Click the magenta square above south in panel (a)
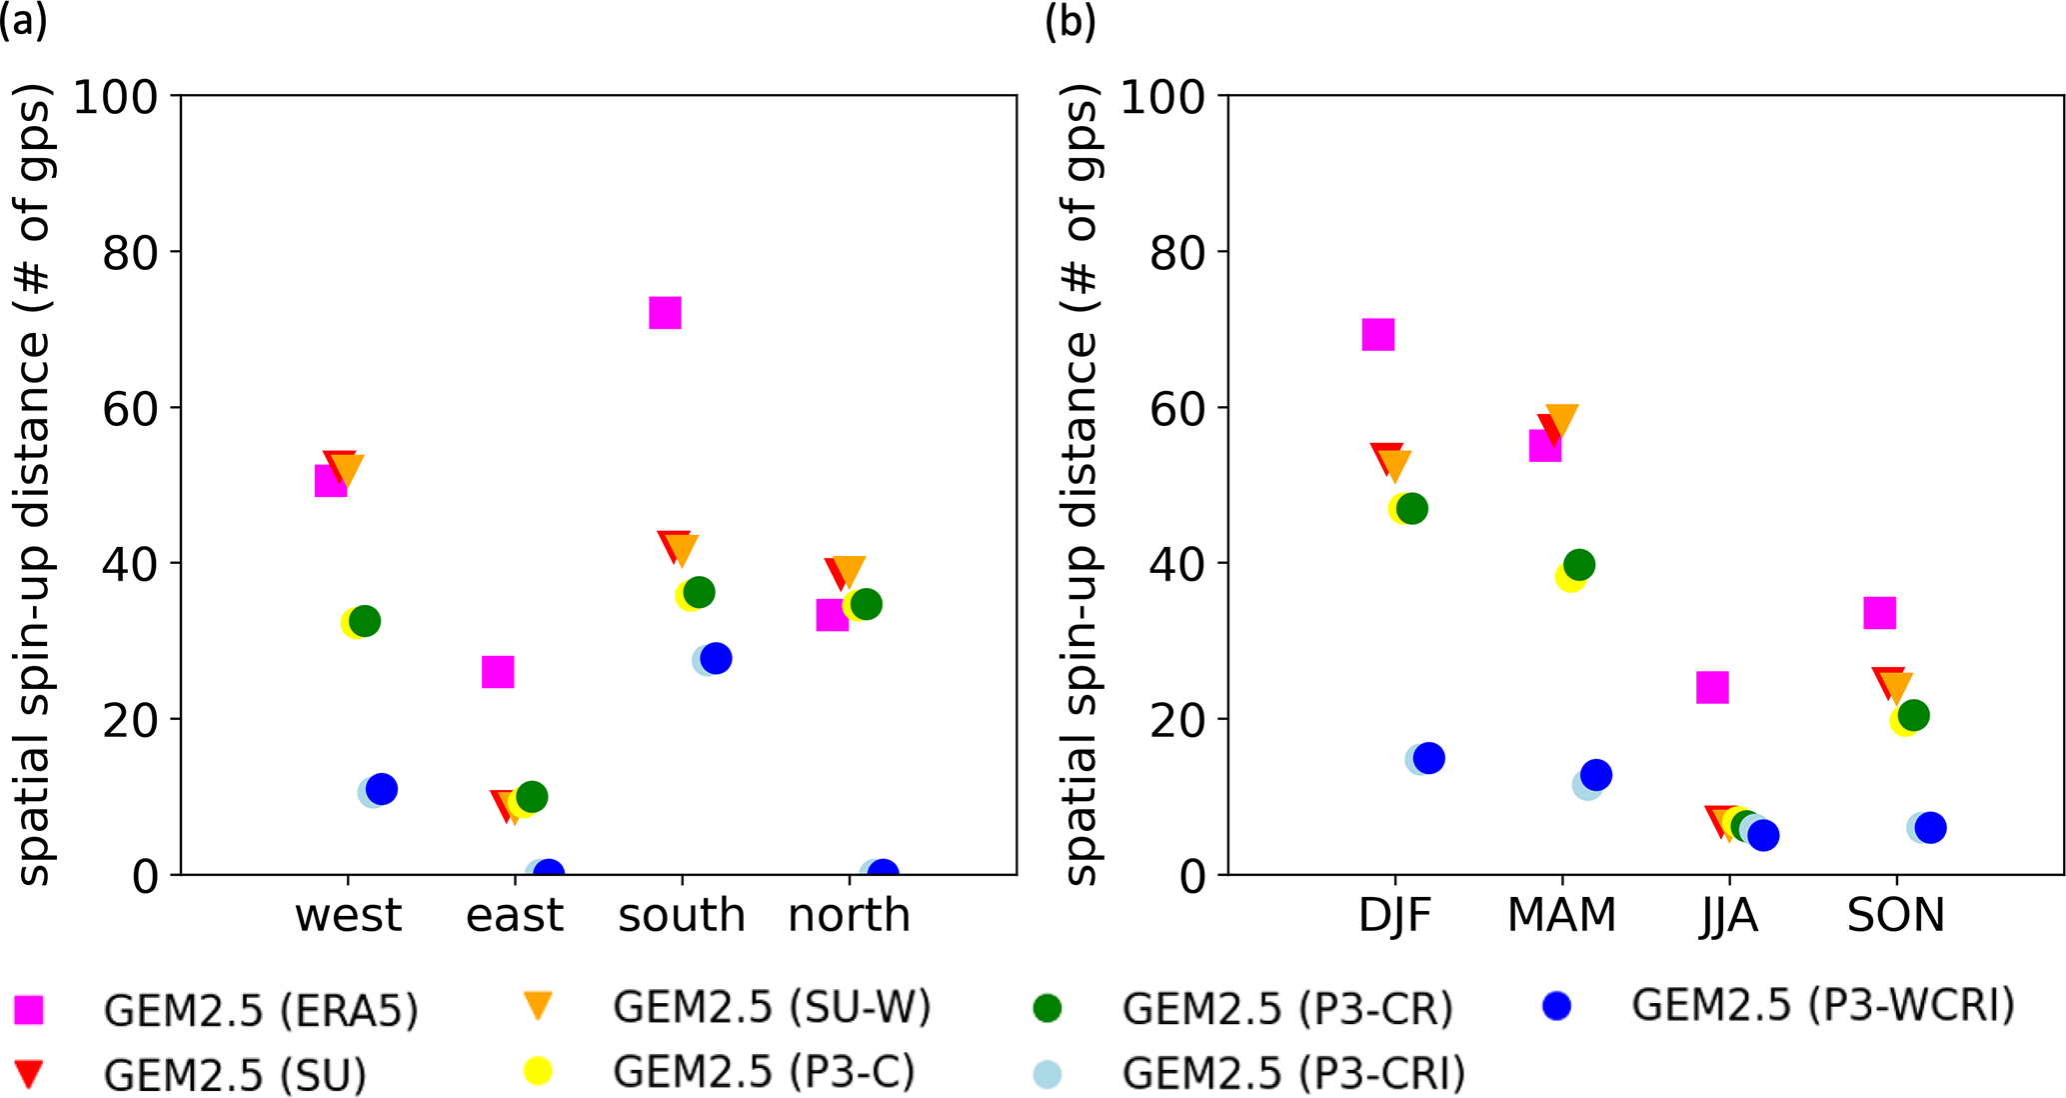[665, 313]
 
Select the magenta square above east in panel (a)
[498, 672]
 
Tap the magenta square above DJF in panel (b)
[1378, 335]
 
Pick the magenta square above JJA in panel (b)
[1712, 687]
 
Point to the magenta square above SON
[1879, 613]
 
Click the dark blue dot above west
[382, 789]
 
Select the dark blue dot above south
[716, 659]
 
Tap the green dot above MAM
[1579, 565]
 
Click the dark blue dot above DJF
[1429, 758]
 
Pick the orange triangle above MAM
[1561, 420]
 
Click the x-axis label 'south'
[682, 915]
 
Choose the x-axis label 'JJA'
[1728, 915]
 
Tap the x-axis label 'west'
[348, 915]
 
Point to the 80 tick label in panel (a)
[130, 253]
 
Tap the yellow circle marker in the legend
[538, 1071]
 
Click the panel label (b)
[1069, 22]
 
